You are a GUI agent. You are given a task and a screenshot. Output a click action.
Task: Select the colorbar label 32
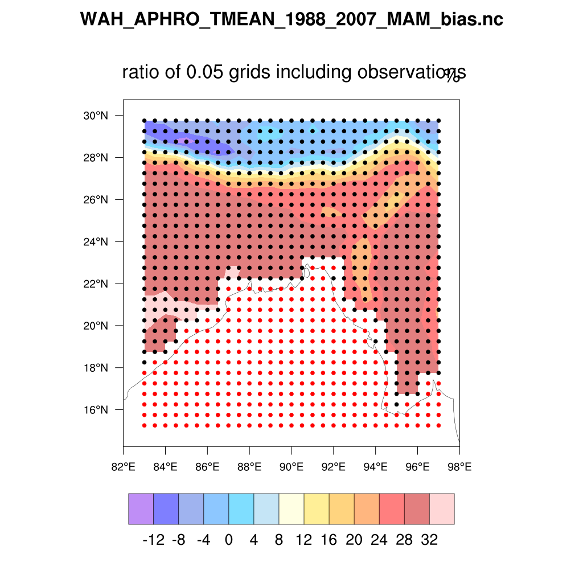click(x=430, y=540)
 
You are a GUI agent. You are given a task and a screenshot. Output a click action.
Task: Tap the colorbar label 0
click(x=228, y=540)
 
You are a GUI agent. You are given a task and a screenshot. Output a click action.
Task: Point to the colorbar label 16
click(x=329, y=540)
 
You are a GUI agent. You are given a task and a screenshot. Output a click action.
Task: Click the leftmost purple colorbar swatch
click(x=141, y=508)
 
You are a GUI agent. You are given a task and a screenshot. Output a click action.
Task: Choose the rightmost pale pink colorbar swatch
click(x=442, y=508)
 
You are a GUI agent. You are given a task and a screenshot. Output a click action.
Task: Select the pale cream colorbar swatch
click(x=291, y=508)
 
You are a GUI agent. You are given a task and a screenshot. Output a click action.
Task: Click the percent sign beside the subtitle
click(x=453, y=76)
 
